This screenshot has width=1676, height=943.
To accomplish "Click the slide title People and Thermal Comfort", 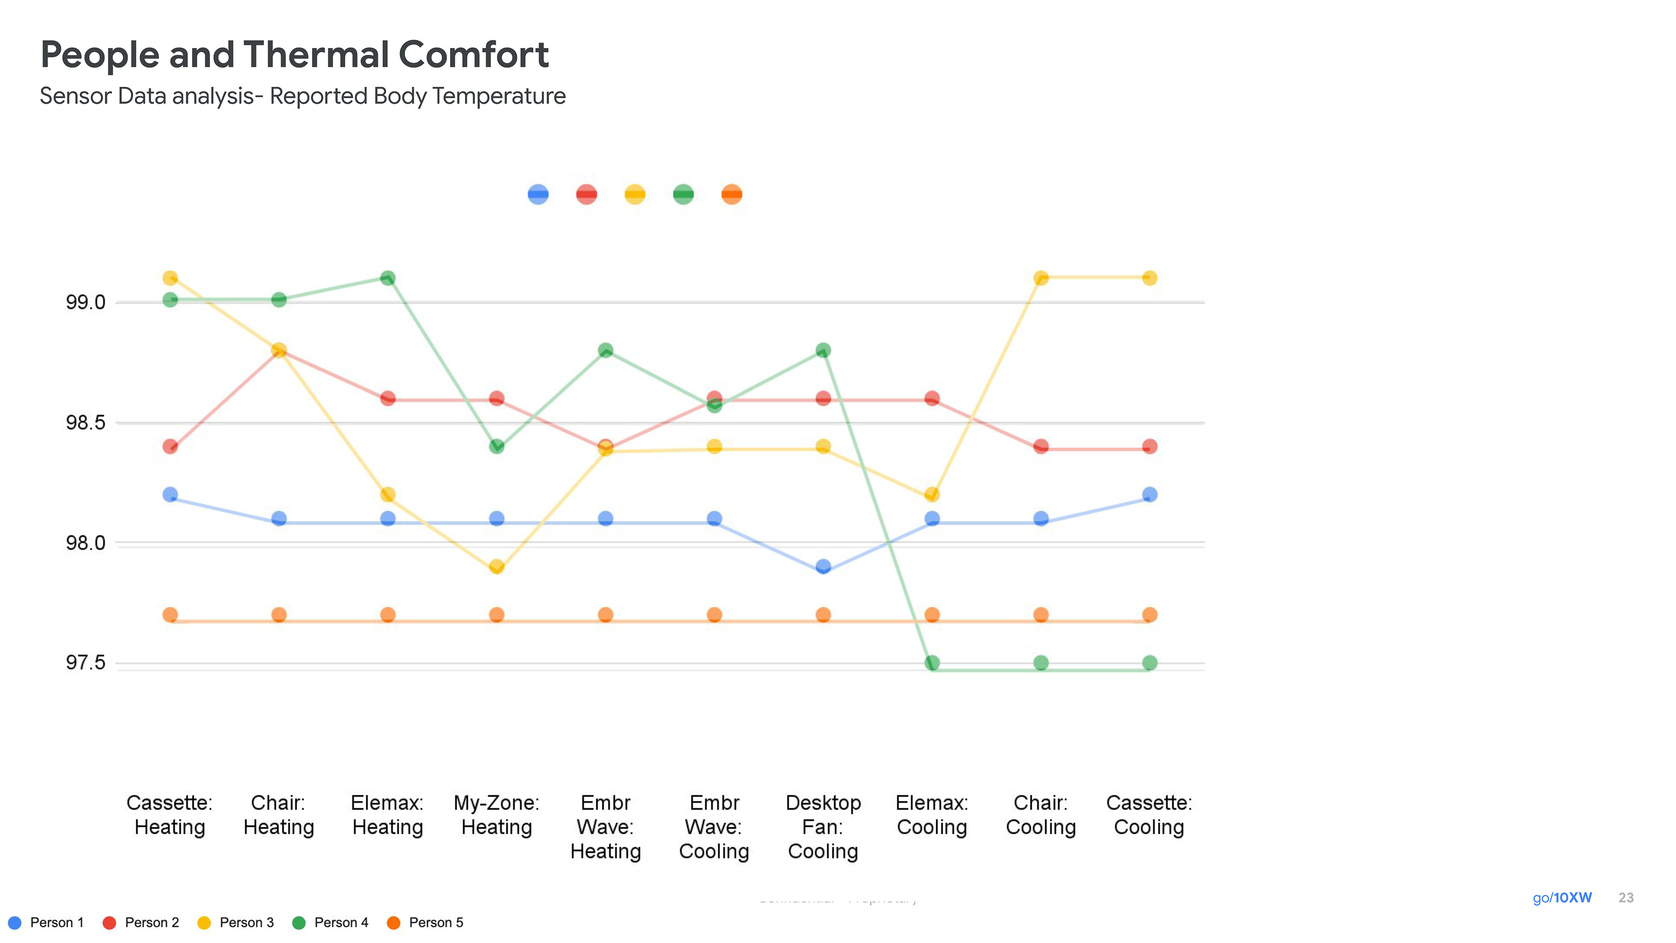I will click(294, 55).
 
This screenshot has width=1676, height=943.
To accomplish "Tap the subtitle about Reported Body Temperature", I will click(302, 96).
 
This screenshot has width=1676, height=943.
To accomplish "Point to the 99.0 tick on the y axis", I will click(85, 302).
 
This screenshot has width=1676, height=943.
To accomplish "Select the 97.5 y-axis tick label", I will click(85, 663).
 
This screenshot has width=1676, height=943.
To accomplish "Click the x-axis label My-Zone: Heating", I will click(496, 815).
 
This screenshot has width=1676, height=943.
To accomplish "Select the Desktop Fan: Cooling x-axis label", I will click(823, 826).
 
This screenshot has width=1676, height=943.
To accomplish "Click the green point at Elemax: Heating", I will click(388, 278).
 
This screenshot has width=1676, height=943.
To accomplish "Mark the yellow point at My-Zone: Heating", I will click(496, 566).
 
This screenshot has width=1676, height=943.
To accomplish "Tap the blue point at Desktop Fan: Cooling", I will click(823, 566).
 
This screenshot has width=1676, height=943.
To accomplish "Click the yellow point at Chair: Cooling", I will click(1041, 278).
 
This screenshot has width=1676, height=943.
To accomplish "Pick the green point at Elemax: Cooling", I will click(932, 663).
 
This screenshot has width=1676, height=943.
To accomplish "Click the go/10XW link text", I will click(1562, 898).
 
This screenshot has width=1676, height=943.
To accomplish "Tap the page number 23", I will click(1626, 898).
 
